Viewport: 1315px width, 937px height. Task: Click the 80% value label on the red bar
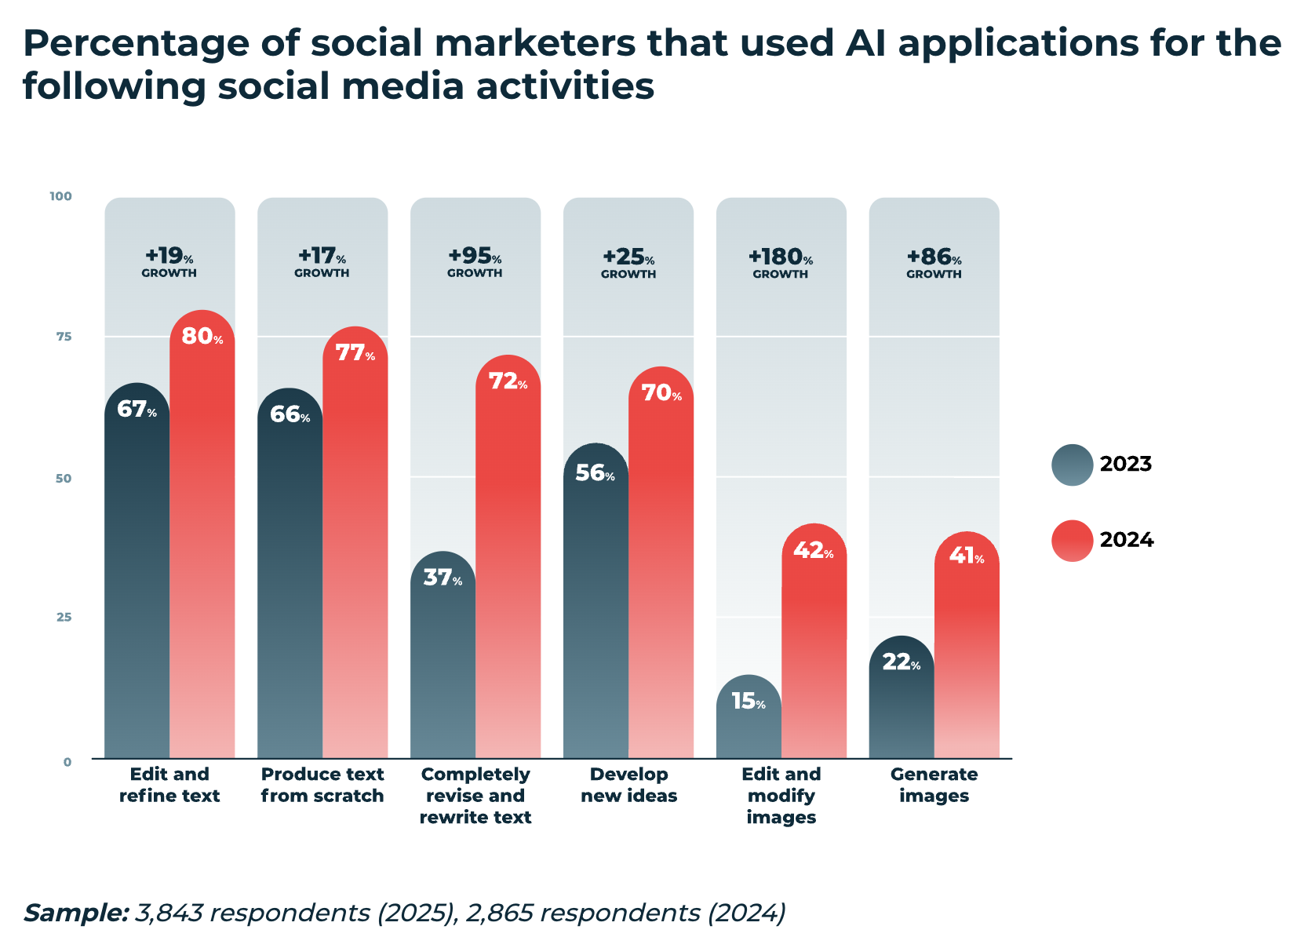click(x=202, y=337)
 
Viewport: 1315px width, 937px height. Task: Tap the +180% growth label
click(x=780, y=262)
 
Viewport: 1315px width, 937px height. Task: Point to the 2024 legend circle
click(x=1072, y=541)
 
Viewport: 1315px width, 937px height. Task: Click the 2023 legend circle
click(x=1072, y=465)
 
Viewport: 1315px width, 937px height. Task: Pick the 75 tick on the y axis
click(x=64, y=337)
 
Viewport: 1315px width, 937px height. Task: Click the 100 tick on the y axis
click(x=61, y=196)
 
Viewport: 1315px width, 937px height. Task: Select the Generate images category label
click(x=934, y=785)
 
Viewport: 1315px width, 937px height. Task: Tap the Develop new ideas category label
click(x=628, y=785)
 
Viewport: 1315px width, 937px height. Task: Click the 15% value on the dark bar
click(x=748, y=702)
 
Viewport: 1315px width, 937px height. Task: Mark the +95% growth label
click(x=475, y=262)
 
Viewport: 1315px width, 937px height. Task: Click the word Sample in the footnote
click(x=75, y=913)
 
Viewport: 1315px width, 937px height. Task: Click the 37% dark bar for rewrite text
click(x=443, y=667)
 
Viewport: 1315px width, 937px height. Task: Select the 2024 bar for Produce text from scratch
click(x=355, y=549)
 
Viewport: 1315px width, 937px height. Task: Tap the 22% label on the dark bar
click(x=901, y=663)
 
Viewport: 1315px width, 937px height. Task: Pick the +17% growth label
click(x=322, y=262)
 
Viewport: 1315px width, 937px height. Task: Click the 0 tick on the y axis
click(x=67, y=761)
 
